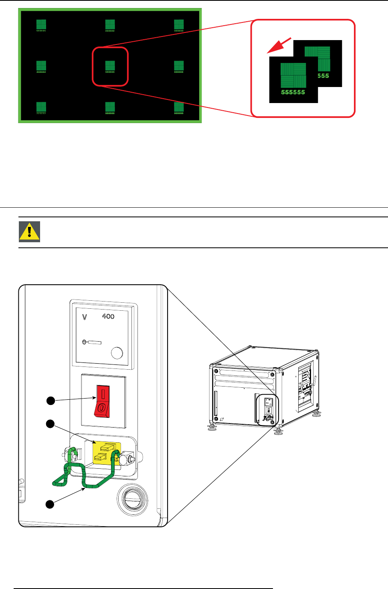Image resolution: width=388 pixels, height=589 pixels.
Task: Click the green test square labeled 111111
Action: click(41, 24)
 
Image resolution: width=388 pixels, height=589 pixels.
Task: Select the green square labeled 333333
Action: click(179, 24)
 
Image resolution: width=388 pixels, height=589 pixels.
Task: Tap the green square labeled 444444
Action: click(41, 65)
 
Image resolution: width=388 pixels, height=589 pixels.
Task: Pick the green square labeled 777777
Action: click(41, 107)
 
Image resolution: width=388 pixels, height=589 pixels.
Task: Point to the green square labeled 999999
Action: click(179, 107)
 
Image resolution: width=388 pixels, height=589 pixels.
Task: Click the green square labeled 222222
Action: click(110, 24)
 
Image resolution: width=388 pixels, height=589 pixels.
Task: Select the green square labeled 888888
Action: click(110, 107)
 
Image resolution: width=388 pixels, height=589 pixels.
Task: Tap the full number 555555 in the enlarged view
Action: click(293, 92)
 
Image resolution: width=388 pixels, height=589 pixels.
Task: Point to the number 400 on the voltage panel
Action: click(108, 316)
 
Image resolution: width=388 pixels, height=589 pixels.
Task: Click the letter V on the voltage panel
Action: click(85, 317)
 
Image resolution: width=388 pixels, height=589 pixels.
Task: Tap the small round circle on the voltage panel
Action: click(117, 353)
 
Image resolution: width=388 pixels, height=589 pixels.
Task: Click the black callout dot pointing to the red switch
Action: click(51, 401)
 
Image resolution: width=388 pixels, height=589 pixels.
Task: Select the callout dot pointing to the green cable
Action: click(50, 504)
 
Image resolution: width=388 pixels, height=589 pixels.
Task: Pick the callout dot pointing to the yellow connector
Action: click(50, 424)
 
